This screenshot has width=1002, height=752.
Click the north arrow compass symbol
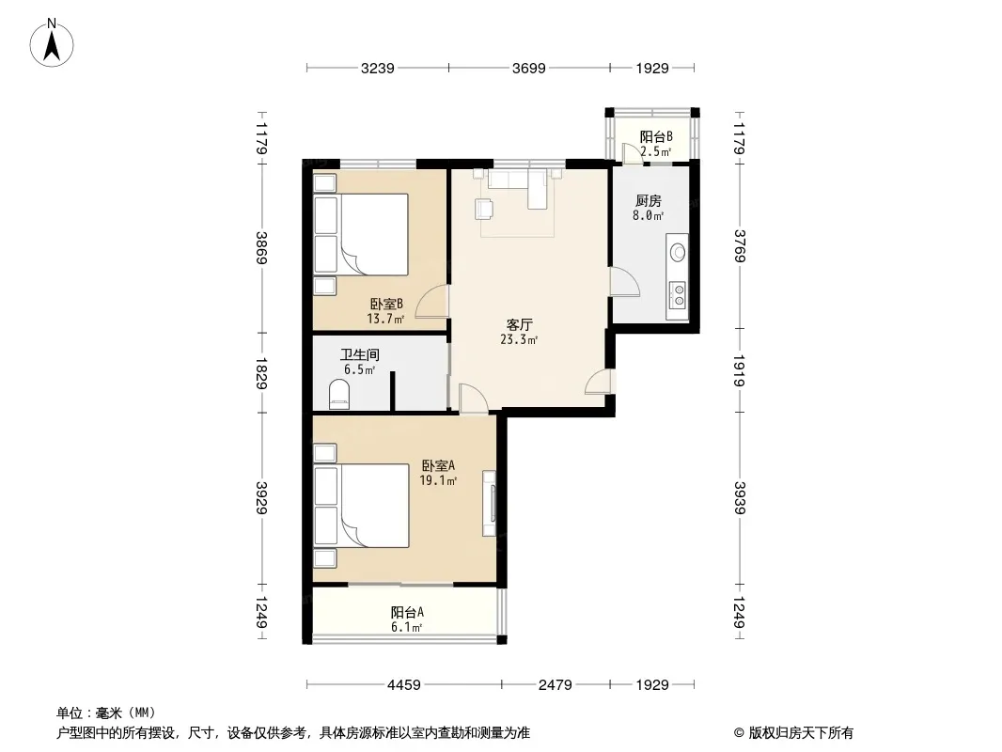tap(52, 43)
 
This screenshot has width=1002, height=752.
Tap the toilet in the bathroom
tap(338, 394)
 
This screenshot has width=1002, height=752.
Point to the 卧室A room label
tap(438, 465)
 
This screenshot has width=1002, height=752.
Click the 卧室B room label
tap(386, 304)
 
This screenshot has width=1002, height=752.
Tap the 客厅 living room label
tap(519, 324)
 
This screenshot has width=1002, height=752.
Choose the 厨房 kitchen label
tap(648, 201)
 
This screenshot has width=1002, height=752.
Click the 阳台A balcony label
tap(407, 612)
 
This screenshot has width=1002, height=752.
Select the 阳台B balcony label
tap(656, 136)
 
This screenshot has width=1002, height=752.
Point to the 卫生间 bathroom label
tap(360, 354)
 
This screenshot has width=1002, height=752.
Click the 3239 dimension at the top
tap(377, 69)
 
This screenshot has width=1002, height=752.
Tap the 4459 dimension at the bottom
tap(404, 685)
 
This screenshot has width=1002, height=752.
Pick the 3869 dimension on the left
tap(261, 248)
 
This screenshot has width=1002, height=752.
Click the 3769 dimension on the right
tap(740, 246)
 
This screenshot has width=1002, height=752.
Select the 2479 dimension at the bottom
tap(555, 685)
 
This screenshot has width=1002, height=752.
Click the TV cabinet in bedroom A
tap(489, 504)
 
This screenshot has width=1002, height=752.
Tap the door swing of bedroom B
tap(431, 302)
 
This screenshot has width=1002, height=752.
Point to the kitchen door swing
tap(624, 282)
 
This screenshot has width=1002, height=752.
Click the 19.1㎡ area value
tap(438, 480)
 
